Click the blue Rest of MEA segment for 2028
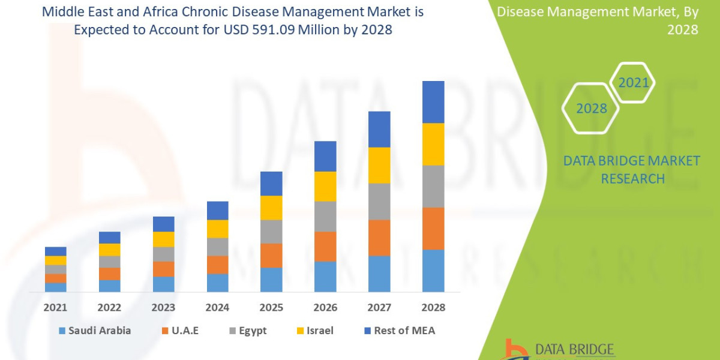[x=433, y=102]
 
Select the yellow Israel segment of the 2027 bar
[x=379, y=165]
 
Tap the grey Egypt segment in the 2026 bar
[x=325, y=216]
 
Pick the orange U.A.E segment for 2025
[x=271, y=255]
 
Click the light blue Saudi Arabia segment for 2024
[x=217, y=283]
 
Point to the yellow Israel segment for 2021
[x=56, y=260]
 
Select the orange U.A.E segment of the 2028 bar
[x=433, y=228]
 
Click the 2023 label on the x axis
[x=163, y=307]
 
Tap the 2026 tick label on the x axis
[x=325, y=307]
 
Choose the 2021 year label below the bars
[x=56, y=307]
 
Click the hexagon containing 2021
[x=634, y=82]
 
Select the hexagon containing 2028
[x=591, y=109]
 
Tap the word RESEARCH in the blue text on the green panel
[x=632, y=178]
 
